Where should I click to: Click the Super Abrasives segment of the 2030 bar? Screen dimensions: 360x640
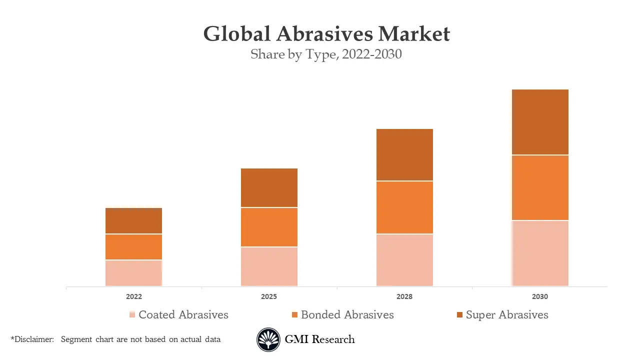(x=540, y=122)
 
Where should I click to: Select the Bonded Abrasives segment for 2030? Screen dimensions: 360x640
(x=540, y=187)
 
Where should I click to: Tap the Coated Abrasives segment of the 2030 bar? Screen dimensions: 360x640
(x=540, y=253)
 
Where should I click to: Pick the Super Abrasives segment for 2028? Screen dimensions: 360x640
(x=404, y=154)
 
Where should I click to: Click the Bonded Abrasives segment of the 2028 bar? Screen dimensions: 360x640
(x=404, y=207)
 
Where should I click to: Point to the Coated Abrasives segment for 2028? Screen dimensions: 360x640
(x=404, y=260)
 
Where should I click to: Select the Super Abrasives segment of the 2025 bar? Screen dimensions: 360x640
(x=269, y=187)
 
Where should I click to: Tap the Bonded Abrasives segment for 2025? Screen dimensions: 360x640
(x=269, y=227)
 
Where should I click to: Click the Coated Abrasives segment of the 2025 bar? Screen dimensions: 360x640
(x=269, y=266)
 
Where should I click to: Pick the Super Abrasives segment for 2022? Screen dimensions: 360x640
(x=133, y=220)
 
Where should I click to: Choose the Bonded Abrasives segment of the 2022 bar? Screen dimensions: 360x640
(x=133, y=246)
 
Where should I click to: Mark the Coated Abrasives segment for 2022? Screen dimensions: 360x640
(x=133, y=273)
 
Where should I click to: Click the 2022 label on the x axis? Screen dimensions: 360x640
(x=134, y=296)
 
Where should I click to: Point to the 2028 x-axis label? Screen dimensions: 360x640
(x=404, y=296)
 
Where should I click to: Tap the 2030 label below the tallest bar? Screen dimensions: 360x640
(x=540, y=296)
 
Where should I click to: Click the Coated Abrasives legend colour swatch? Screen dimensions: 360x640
(x=132, y=315)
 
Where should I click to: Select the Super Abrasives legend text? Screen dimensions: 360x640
(x=507, y=315)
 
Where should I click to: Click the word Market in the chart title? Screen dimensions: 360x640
(x=414, y=34)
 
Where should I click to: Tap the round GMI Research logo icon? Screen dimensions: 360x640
(x=268, y=340)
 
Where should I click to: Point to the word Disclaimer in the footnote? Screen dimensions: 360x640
(x=33, y=339)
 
